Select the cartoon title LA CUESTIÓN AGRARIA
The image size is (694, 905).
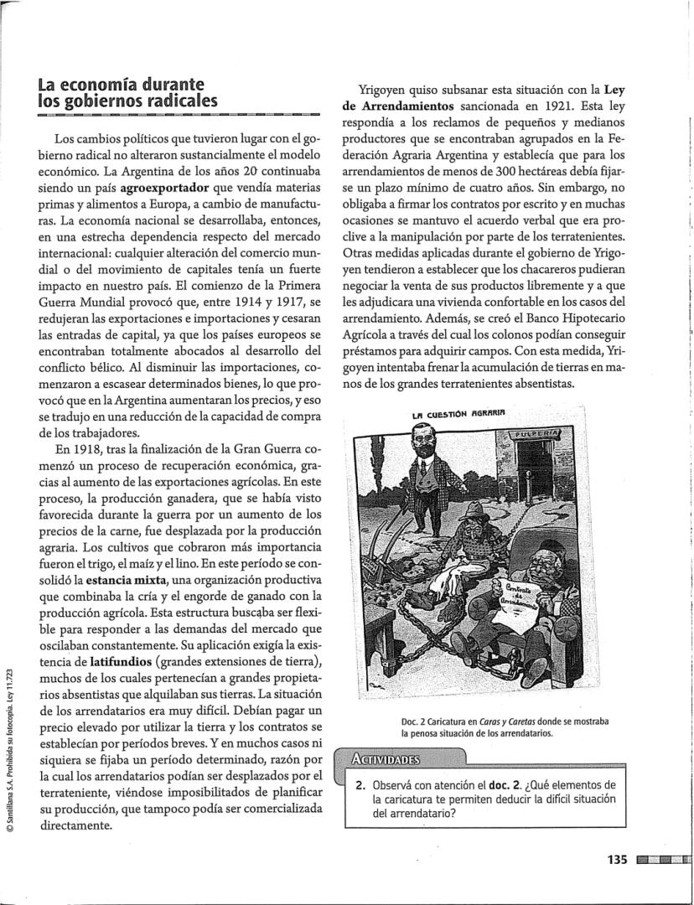459,411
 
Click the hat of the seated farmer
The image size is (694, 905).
476,510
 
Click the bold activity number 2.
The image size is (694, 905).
359,785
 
